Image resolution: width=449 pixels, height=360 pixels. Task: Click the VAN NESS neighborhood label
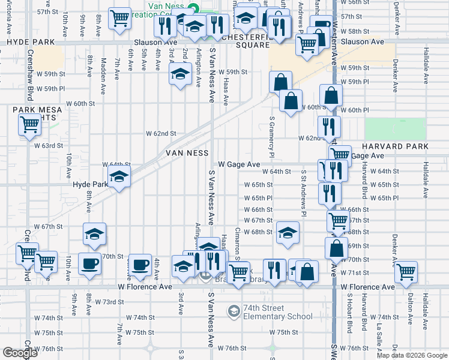click(x=187, y=154)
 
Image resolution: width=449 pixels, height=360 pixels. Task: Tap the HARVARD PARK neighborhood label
click(x=394, y=146)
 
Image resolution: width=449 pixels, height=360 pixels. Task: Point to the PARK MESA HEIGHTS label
click(x=38, y=113)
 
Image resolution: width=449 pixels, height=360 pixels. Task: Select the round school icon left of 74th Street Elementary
click(x=234, y=311)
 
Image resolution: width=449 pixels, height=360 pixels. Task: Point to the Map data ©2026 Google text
click(x=412, y=355)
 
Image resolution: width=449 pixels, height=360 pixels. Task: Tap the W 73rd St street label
click(x=110, y=301)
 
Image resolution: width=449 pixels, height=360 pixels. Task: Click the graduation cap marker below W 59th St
click(x=181, y=74)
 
